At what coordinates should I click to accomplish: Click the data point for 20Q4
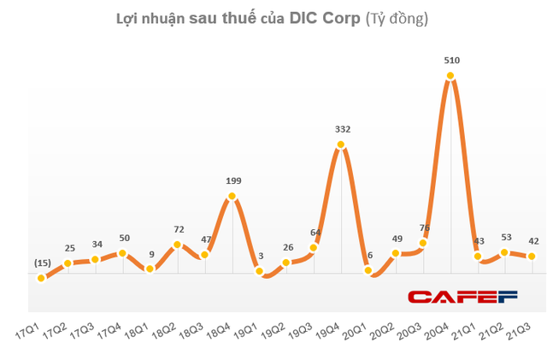(450, 76)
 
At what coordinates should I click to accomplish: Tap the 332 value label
(342, 129)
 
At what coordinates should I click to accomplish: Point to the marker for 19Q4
(341, 145)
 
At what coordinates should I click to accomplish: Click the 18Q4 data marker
(232, 198)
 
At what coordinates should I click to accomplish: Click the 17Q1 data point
(40, 278)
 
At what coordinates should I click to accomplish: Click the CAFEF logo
(462, 297)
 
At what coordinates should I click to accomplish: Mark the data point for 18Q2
(177, 245)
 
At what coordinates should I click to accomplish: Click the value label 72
(178, 229)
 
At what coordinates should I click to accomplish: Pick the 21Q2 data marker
(505, 252)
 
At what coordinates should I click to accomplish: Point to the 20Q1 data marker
(368, 271)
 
